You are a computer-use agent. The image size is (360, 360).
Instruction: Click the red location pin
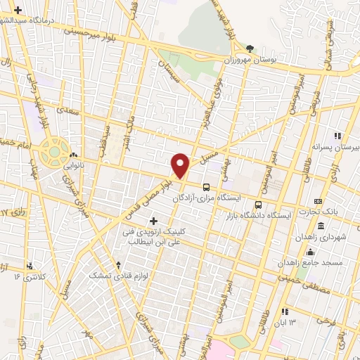[181, 165]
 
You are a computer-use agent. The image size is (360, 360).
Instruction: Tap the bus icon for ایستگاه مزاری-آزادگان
[206, 187]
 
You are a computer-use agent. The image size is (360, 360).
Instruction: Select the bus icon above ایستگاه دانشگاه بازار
[258, 205]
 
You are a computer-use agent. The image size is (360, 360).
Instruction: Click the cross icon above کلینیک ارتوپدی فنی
[154, 221]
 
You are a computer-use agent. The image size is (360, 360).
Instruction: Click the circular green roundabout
[53, 150]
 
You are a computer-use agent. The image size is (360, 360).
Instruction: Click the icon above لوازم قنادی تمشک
[118, 265]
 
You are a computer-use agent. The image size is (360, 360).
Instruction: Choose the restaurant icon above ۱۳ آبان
[285, 311]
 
